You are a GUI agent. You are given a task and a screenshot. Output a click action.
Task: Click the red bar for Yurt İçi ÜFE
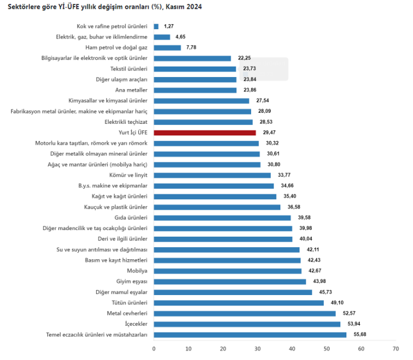pos(205,133)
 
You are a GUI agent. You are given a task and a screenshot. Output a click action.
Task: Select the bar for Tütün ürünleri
pos(238,303)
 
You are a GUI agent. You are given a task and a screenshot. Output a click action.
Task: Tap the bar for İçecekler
pos(247,324)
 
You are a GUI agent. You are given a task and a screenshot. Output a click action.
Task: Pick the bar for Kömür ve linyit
pos(212,175)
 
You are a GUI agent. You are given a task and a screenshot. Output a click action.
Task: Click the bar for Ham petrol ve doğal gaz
pos(167,48)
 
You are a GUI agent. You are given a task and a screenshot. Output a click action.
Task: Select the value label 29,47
pos(269,133)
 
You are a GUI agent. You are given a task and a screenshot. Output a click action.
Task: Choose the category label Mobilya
pos(137,271)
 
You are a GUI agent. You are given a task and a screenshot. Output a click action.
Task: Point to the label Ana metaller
pos(131,90)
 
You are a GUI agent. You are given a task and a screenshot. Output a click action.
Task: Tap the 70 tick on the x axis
pos(395,349)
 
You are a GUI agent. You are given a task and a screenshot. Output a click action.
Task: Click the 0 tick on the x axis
pos(154,349)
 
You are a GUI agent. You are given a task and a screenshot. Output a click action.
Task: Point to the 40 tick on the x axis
pos(292,349)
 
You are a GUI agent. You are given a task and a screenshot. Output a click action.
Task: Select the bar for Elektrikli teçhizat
pos(203,122)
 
